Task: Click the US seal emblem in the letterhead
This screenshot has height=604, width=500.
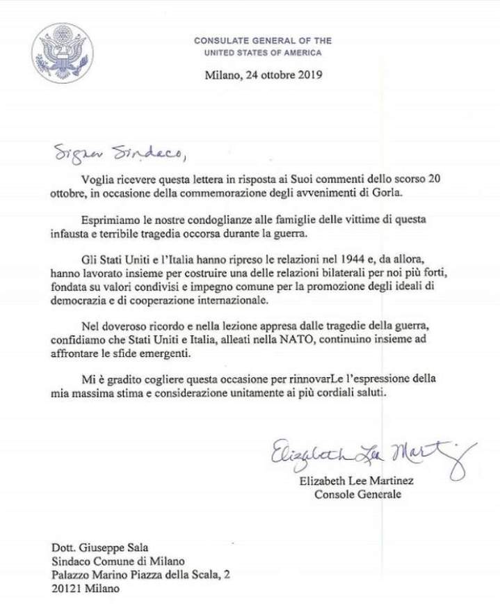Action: coord(63,54)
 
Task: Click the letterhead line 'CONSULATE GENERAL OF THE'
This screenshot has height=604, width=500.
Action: coord(263,41)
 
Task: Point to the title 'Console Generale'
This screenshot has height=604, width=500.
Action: coord(357,495)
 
